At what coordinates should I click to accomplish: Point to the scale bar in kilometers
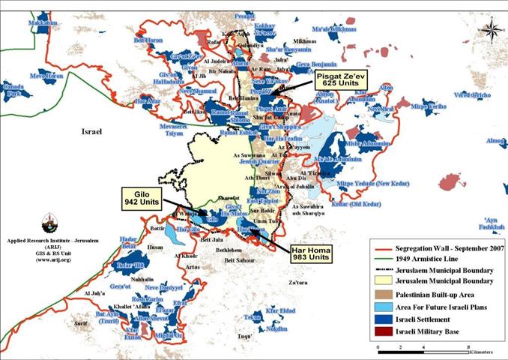(423, 347)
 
